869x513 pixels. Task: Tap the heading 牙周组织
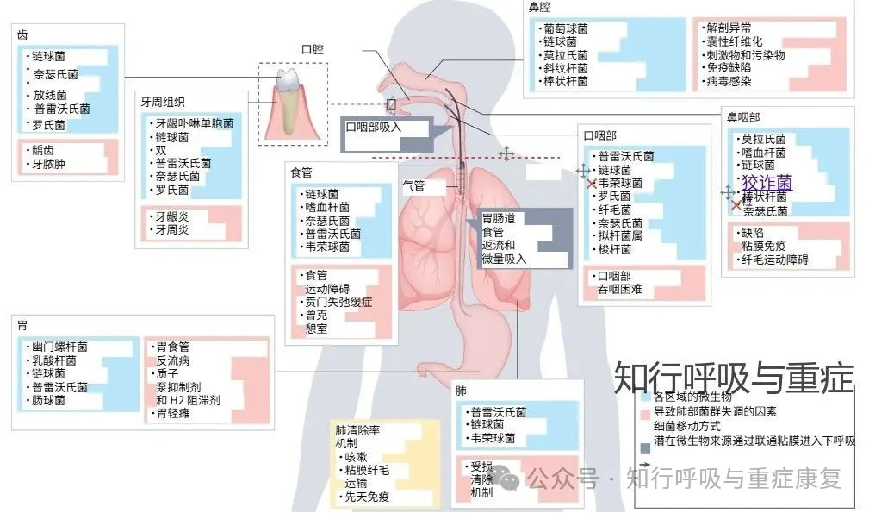[x=170, y=101]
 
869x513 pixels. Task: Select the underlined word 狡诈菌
[x=767, y=183]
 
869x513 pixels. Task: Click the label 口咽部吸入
[x=375, y=127]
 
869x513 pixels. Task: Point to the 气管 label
[x=414, y=186]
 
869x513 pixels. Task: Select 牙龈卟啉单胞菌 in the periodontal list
[x=193, y=124]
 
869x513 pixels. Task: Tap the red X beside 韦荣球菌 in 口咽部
[x=591, y=184]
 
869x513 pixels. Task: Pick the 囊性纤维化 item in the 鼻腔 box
[x=734, y=41]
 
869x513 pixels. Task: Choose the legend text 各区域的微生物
[x=692, y=397]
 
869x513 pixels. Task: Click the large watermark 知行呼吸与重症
[x=733, y=378]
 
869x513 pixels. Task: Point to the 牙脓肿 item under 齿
[x=48, y=164]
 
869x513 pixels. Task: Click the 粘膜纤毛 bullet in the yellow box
[x=367, y=470]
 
